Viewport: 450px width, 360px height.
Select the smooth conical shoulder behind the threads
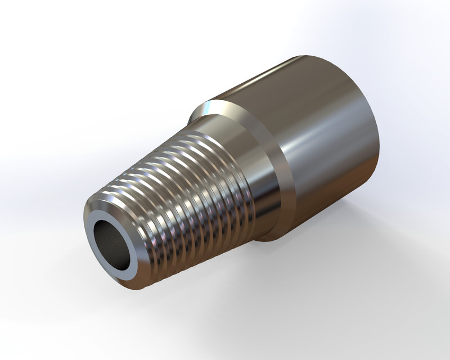(247, 169)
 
